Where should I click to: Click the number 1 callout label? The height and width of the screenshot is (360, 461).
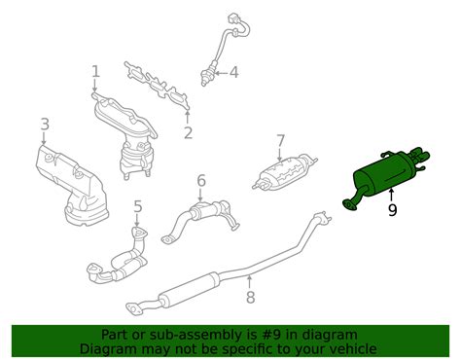coord(95,70)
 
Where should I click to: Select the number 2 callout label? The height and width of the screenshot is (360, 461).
coord(188,133)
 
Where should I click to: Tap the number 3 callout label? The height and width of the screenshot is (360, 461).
coord(45,124)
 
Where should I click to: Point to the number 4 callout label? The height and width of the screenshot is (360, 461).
coord(233,71)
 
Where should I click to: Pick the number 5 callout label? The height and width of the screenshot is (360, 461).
coord(137,205)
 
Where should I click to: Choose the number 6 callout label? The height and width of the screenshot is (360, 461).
coord(200,180)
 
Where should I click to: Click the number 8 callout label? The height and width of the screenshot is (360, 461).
coord(250,297)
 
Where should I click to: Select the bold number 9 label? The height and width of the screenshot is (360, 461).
coord(392,208)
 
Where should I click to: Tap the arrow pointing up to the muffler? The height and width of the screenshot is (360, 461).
coord(392,195)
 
